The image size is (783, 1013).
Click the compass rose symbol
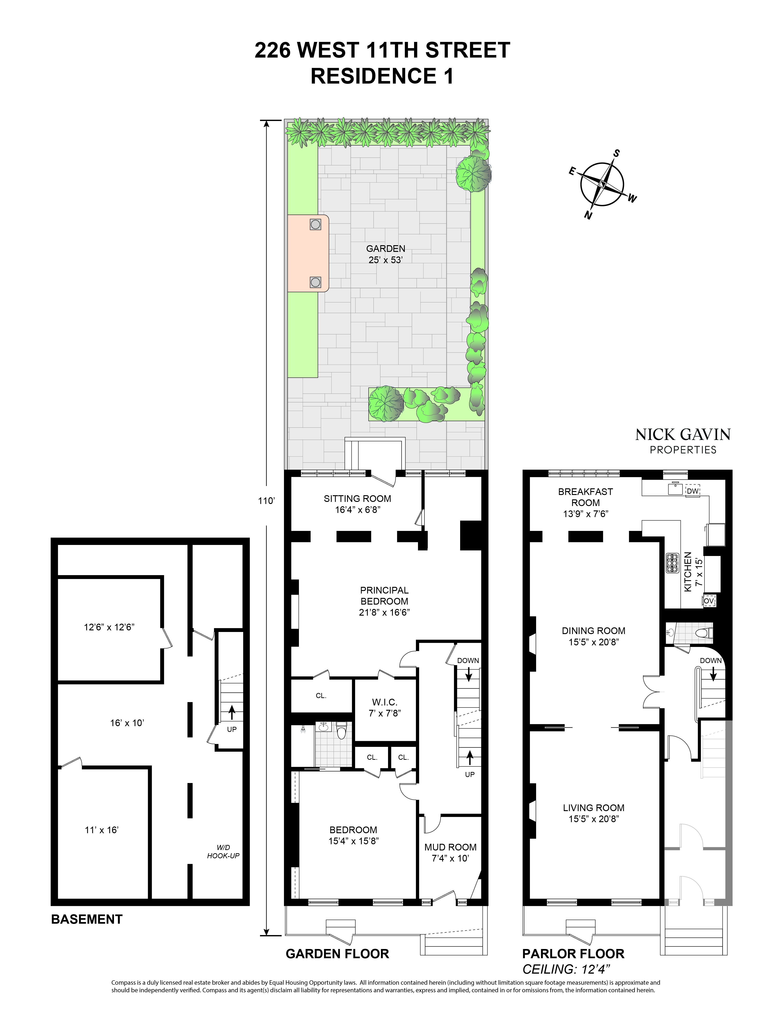pos(602,184)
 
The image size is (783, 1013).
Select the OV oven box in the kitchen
pos(709,601)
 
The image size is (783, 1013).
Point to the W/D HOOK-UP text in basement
pos(223,852)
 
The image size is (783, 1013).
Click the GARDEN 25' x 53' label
pos(386,254)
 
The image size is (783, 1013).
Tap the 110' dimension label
pos(267,501)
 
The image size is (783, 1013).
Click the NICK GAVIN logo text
pos(683,435)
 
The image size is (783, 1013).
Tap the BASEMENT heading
pos(87,919)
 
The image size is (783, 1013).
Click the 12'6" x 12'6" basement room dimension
pos(109,627)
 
